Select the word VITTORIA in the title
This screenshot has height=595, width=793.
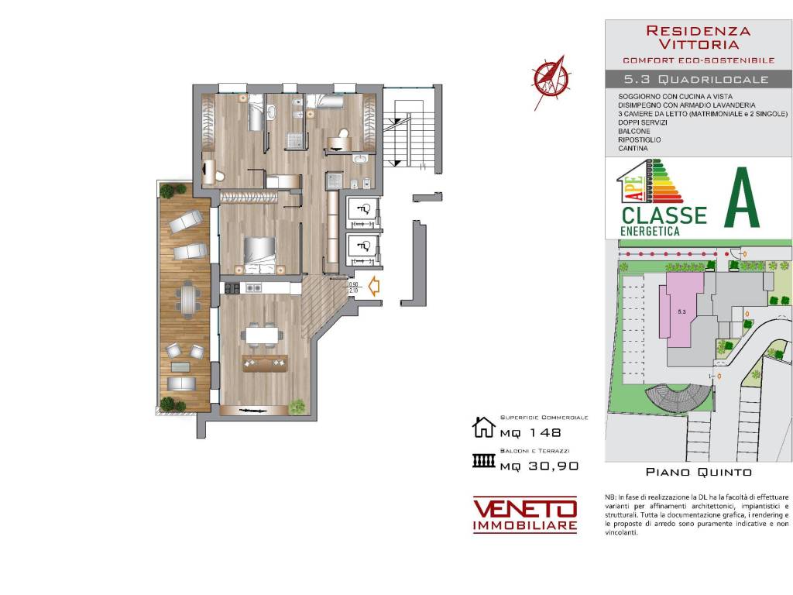click(x=698, y=46)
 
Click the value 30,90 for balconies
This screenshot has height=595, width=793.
click(x=551, y=466)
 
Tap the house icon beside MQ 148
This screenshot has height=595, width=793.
click(x=483, y=427)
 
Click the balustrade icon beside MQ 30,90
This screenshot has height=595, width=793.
click(x=483, y=462)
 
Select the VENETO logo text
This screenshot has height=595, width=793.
click(x=525, y=509)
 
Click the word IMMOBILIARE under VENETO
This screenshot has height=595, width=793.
click(x=525, y=527)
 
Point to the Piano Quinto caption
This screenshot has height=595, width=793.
click(x=698, y=471)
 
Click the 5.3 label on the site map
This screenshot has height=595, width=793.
click(x=682, y=311)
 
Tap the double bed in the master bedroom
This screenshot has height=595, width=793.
click(x=260, y=252)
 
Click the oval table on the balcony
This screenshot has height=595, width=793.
click(x=186, y=300)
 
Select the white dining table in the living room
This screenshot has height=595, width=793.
click(x=262, y=335)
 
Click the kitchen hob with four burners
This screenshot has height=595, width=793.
click(x=231, y=288)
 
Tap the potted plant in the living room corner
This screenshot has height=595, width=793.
click(x=297, y=406)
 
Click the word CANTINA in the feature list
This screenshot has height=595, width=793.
click(x=633, y=148)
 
